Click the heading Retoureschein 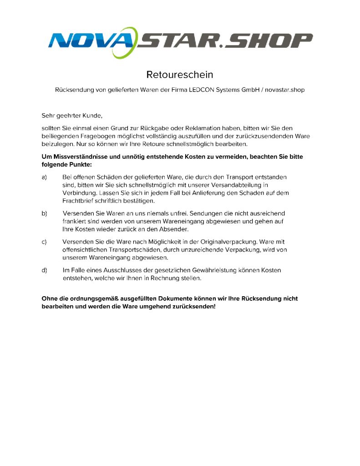point(180,74)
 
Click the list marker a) point(45,177)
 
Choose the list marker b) point(45,213)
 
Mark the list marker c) point(45,242)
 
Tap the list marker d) point(45,270)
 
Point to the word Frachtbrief point(79,201)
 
